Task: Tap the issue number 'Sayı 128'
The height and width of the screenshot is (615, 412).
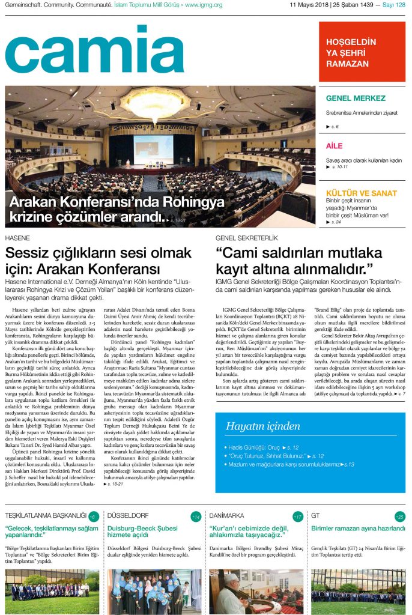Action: [x=393, y=5]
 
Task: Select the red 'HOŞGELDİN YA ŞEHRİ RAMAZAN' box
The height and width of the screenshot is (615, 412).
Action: [x=362, y=52]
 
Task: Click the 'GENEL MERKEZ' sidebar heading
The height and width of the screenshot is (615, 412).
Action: [x=356, y=98]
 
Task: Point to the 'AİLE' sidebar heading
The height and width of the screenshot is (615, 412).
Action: [x=335, y=146]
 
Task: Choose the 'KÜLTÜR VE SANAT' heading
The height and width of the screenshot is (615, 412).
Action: [x=361, y=193]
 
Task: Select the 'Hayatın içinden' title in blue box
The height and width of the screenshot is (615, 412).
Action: [x=262, y=426]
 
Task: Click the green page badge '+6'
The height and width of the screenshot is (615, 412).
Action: [x=92, y=517]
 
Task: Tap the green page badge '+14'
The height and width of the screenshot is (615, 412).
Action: [x=196, y=517]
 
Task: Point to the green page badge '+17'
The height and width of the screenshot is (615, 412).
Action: [x=298, y=517]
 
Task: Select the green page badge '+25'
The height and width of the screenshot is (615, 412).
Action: [x=400, y=517]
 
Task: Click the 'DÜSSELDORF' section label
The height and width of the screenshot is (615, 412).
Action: [x=128, y=515]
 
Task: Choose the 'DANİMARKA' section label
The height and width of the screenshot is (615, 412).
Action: [x=226, y=515]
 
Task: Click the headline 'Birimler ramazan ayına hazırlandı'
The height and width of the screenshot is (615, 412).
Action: [x=358, y=528]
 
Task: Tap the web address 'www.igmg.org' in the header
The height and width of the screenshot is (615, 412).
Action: [x=204, y=5]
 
